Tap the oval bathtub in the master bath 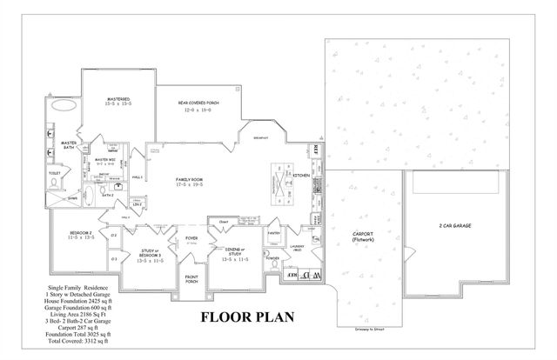pos(64,106)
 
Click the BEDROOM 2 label pos(80,235)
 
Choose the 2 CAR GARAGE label pos(457,225)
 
